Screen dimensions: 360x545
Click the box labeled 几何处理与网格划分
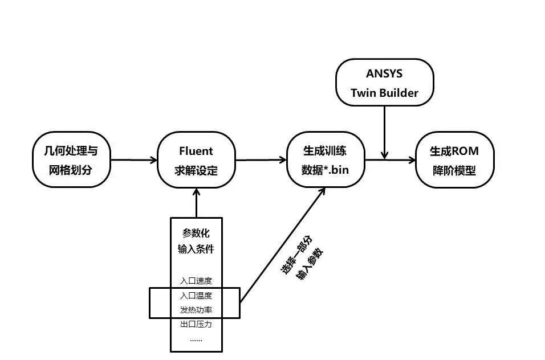point(71,160)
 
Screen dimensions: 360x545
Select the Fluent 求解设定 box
point(196,160)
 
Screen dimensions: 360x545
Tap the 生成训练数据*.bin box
point(325,160)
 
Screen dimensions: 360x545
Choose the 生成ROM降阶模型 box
point(454,160)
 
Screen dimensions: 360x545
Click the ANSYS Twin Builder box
point(384,83)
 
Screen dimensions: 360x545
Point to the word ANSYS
point(384,73)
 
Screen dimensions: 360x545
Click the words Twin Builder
point(384,93)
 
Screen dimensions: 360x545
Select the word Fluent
point(196,151)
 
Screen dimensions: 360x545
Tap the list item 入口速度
point(196,280)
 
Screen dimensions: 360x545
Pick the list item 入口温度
point(196,295)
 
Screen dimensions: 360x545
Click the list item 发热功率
point(196,310)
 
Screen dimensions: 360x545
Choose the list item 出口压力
point(196,325)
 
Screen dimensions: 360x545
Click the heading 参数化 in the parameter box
point(196,234)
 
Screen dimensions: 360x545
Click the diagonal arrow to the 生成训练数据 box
point(283,245)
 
